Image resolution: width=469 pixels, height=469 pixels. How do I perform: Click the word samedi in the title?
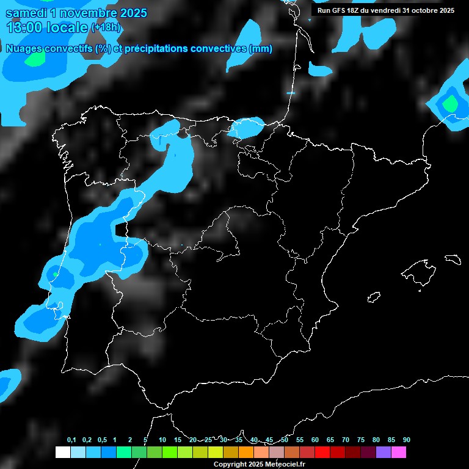(x=26, y=13)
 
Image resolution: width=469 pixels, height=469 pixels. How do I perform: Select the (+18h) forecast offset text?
(x=106, y=27)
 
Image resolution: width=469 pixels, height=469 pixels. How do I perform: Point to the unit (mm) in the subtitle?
(x=261, y=49)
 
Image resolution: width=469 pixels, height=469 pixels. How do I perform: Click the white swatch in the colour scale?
(x=62, y=453)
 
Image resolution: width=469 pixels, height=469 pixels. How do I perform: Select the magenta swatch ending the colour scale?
(x=399, y=453)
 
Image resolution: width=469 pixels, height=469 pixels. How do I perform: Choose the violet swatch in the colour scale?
(x=384, y=453)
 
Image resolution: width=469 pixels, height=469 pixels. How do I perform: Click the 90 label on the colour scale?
(x=407, y=440)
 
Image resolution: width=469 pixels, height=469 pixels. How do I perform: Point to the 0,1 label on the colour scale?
(x=71, y=440)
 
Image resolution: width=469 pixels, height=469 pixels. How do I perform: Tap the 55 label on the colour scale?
(x=299, y=440)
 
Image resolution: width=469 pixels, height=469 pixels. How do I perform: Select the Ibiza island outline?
(x=374, y=297)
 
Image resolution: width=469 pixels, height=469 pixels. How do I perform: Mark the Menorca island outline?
(x=453, y=258)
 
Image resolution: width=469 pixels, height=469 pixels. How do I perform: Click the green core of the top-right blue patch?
(x=451, y=104)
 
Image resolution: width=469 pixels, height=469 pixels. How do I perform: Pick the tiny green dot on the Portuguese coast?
(x=56, y=274)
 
